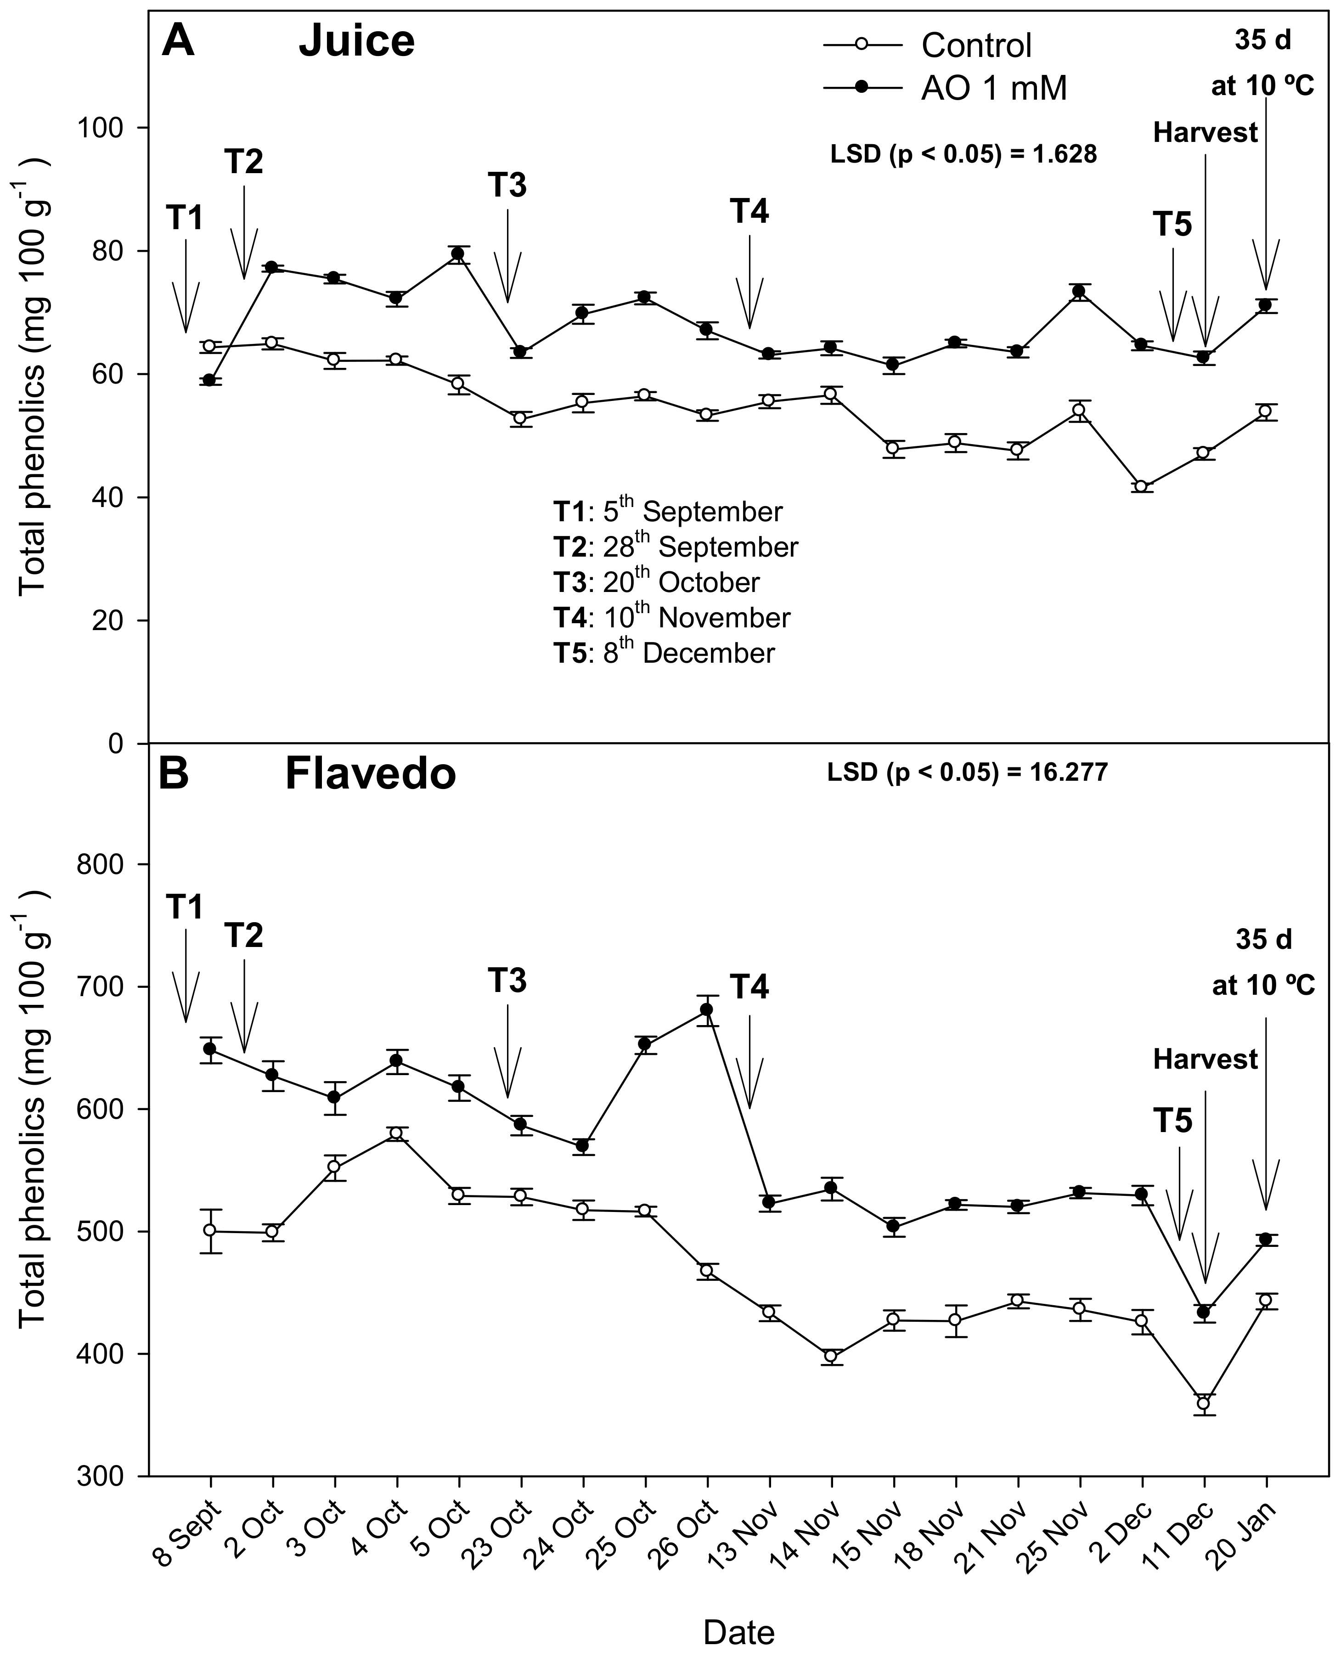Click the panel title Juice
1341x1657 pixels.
pyautogui.click(x=357, y=41)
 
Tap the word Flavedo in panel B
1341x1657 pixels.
pyautogui.click(x=370, y=774)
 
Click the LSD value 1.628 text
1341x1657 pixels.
pyautogui.click(x=963, y=154)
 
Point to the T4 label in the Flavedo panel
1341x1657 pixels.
pyautogui.click(x=749, y=987)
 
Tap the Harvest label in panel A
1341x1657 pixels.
pyautogui.click(x=1205, y=133)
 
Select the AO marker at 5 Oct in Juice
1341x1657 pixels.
pyautogui.click(x=457, y=254)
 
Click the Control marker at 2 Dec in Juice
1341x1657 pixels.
pyautogui.click(x=1141, y=487)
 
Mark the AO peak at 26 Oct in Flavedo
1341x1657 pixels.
pyautogui.click(x=706, y=1009)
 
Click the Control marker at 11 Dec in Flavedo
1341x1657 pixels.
pyautogui.click(x=1203, y=1403)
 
